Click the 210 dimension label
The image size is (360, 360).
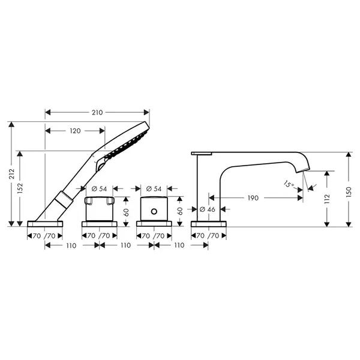97,113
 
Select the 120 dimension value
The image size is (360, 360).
76,131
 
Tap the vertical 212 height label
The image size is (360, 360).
11,174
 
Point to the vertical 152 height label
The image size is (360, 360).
20,188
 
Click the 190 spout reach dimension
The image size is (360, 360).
253,198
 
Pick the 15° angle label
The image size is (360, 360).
289,184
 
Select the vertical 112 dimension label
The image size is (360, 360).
327,199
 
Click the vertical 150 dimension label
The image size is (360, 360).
349,192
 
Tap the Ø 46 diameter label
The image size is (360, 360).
208,209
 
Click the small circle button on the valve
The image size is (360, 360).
154,211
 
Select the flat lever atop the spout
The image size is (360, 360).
202,154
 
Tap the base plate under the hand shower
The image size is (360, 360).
45,224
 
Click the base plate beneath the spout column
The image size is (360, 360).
208,224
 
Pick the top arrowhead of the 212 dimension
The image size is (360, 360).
11,124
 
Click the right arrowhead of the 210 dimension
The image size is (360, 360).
146,113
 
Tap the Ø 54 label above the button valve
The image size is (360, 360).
154,189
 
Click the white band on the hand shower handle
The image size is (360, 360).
64,200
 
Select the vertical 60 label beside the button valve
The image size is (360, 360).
181,211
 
